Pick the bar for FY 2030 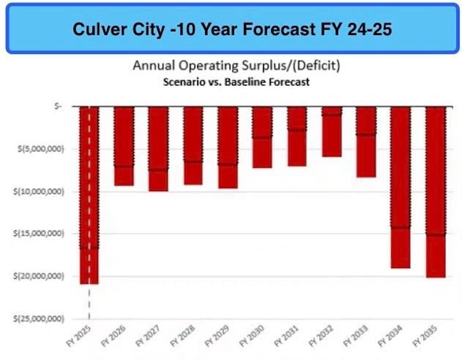[262, 137]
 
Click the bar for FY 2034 [400, 187]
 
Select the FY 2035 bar [435, 192]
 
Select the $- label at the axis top [57, 106]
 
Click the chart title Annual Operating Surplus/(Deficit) [237, 66]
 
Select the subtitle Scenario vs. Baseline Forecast [237, 81]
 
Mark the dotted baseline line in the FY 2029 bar [227, 165]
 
